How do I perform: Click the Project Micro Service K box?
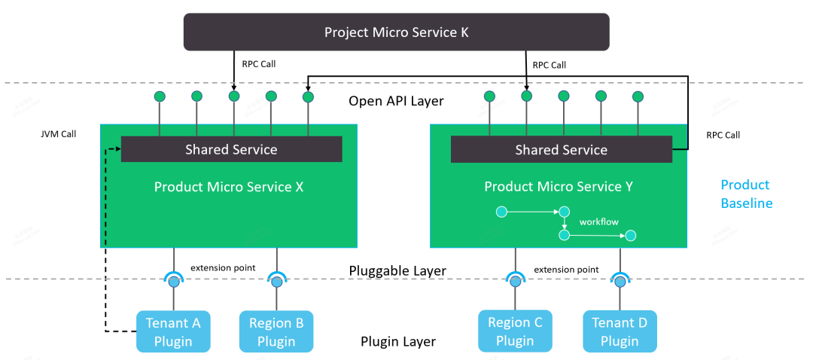pos(396,32)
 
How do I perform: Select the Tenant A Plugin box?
pos(173,331)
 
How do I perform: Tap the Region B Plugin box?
pos(276,331)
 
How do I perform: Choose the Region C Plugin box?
pos(515,331)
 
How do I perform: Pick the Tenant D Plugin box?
pos(620,331)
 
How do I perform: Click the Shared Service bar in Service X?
pos(231,149)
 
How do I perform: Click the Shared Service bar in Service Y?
pos(561,149)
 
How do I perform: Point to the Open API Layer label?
pos(397,101)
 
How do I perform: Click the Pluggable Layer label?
pos(397,270)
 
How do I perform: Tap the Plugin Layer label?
pos(397,341)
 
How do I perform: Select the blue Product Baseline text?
pos(745,194)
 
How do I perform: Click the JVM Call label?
pos(59,134)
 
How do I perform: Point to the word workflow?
pos(598,222)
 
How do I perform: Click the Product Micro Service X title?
pos(229,187)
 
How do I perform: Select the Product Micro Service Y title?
pos(559,187)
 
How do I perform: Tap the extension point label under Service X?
pos(223,268)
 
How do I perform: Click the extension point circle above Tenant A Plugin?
pos(174,282)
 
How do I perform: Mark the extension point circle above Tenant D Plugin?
pos(620,282)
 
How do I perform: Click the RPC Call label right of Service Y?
pos(723,136)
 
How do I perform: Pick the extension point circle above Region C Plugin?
pos(516,282)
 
